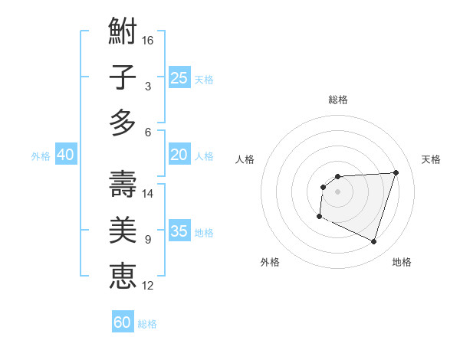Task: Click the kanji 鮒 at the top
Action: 123,32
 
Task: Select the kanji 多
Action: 123,123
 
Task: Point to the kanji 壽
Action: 123,185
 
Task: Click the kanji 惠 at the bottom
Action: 123,275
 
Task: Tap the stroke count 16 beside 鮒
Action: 148,40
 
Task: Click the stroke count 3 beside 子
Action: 147,86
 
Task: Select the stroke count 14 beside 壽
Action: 148,194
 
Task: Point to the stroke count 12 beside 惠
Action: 148,285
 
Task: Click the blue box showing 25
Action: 179,77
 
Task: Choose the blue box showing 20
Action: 179,155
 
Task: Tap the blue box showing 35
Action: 179,231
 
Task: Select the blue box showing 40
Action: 65,155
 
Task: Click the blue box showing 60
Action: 123,322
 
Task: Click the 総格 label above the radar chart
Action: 338,100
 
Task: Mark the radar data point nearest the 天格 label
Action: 396,172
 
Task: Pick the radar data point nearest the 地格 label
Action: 373,242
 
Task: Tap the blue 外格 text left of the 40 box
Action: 40,156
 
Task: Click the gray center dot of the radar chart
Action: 337,191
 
